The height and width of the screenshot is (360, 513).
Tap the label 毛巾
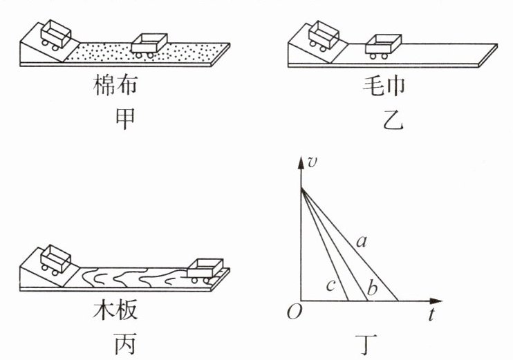pos(382,86)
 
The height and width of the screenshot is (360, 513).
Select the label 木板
pos(115,310)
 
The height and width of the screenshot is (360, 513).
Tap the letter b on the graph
pos(373,288)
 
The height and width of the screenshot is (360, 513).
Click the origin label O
pos(294,313)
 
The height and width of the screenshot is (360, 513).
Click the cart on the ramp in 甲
pos(53,35)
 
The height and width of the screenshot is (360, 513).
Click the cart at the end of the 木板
pos(205,269)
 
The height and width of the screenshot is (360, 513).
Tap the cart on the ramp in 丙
pos(53,258)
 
